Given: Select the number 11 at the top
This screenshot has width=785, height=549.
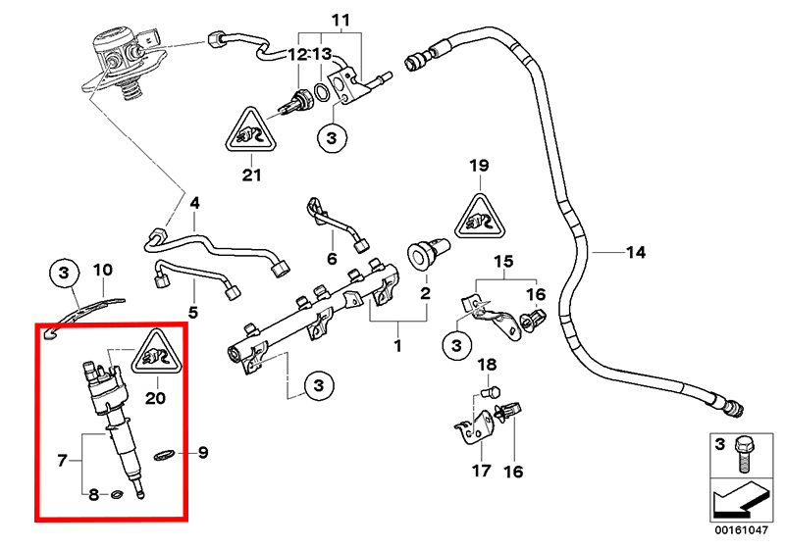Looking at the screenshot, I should click(340, 21).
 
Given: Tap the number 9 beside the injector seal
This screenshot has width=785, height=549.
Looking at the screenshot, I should click(204, 452).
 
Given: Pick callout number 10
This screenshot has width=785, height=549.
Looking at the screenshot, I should click(103, 270).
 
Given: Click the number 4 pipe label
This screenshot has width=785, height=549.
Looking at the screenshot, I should click(194, 204).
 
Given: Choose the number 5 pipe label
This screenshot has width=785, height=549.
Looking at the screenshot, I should click(193, 312).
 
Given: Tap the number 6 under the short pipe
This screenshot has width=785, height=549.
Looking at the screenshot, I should click(332, 259).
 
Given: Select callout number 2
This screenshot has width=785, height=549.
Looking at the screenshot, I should click(426, 292).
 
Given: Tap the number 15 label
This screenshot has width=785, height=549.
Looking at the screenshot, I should click(503, 262).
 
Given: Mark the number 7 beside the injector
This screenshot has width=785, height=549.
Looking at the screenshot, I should click(62, 458).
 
